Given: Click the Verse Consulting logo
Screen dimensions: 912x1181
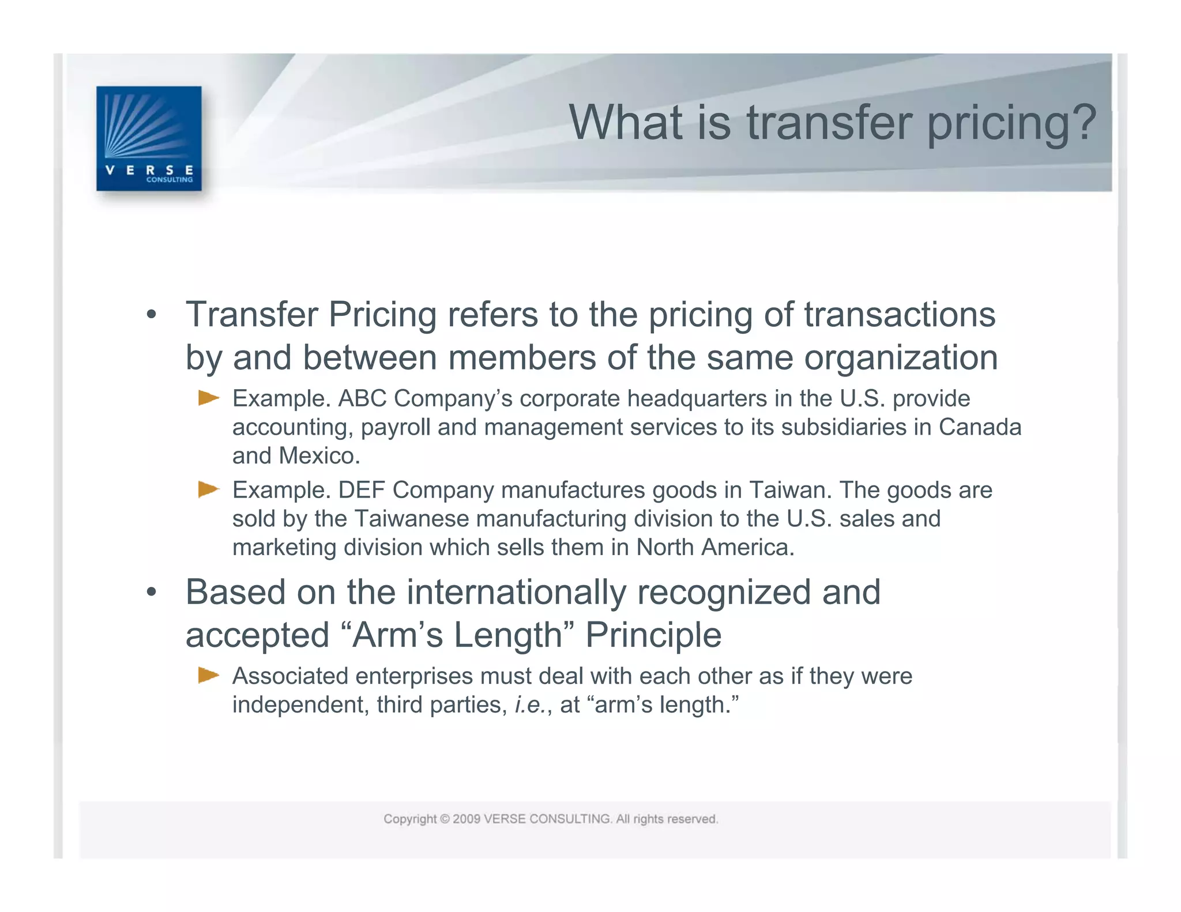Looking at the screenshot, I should click(149, 138).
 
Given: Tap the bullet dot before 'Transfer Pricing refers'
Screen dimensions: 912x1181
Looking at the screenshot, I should click(151, 315).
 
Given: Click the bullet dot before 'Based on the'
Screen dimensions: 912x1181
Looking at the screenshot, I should click(151, 592).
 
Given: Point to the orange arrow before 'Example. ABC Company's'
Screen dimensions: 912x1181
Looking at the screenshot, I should click(208, 398).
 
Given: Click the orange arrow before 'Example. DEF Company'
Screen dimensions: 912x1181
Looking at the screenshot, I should click(208, 489).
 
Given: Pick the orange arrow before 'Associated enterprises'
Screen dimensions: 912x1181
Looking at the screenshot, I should click(208, 675).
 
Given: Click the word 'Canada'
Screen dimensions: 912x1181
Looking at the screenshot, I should click(980, 427).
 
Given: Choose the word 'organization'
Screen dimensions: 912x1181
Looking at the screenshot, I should click(901, 357).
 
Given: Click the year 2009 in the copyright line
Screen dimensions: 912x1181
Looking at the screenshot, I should click(467, 819).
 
